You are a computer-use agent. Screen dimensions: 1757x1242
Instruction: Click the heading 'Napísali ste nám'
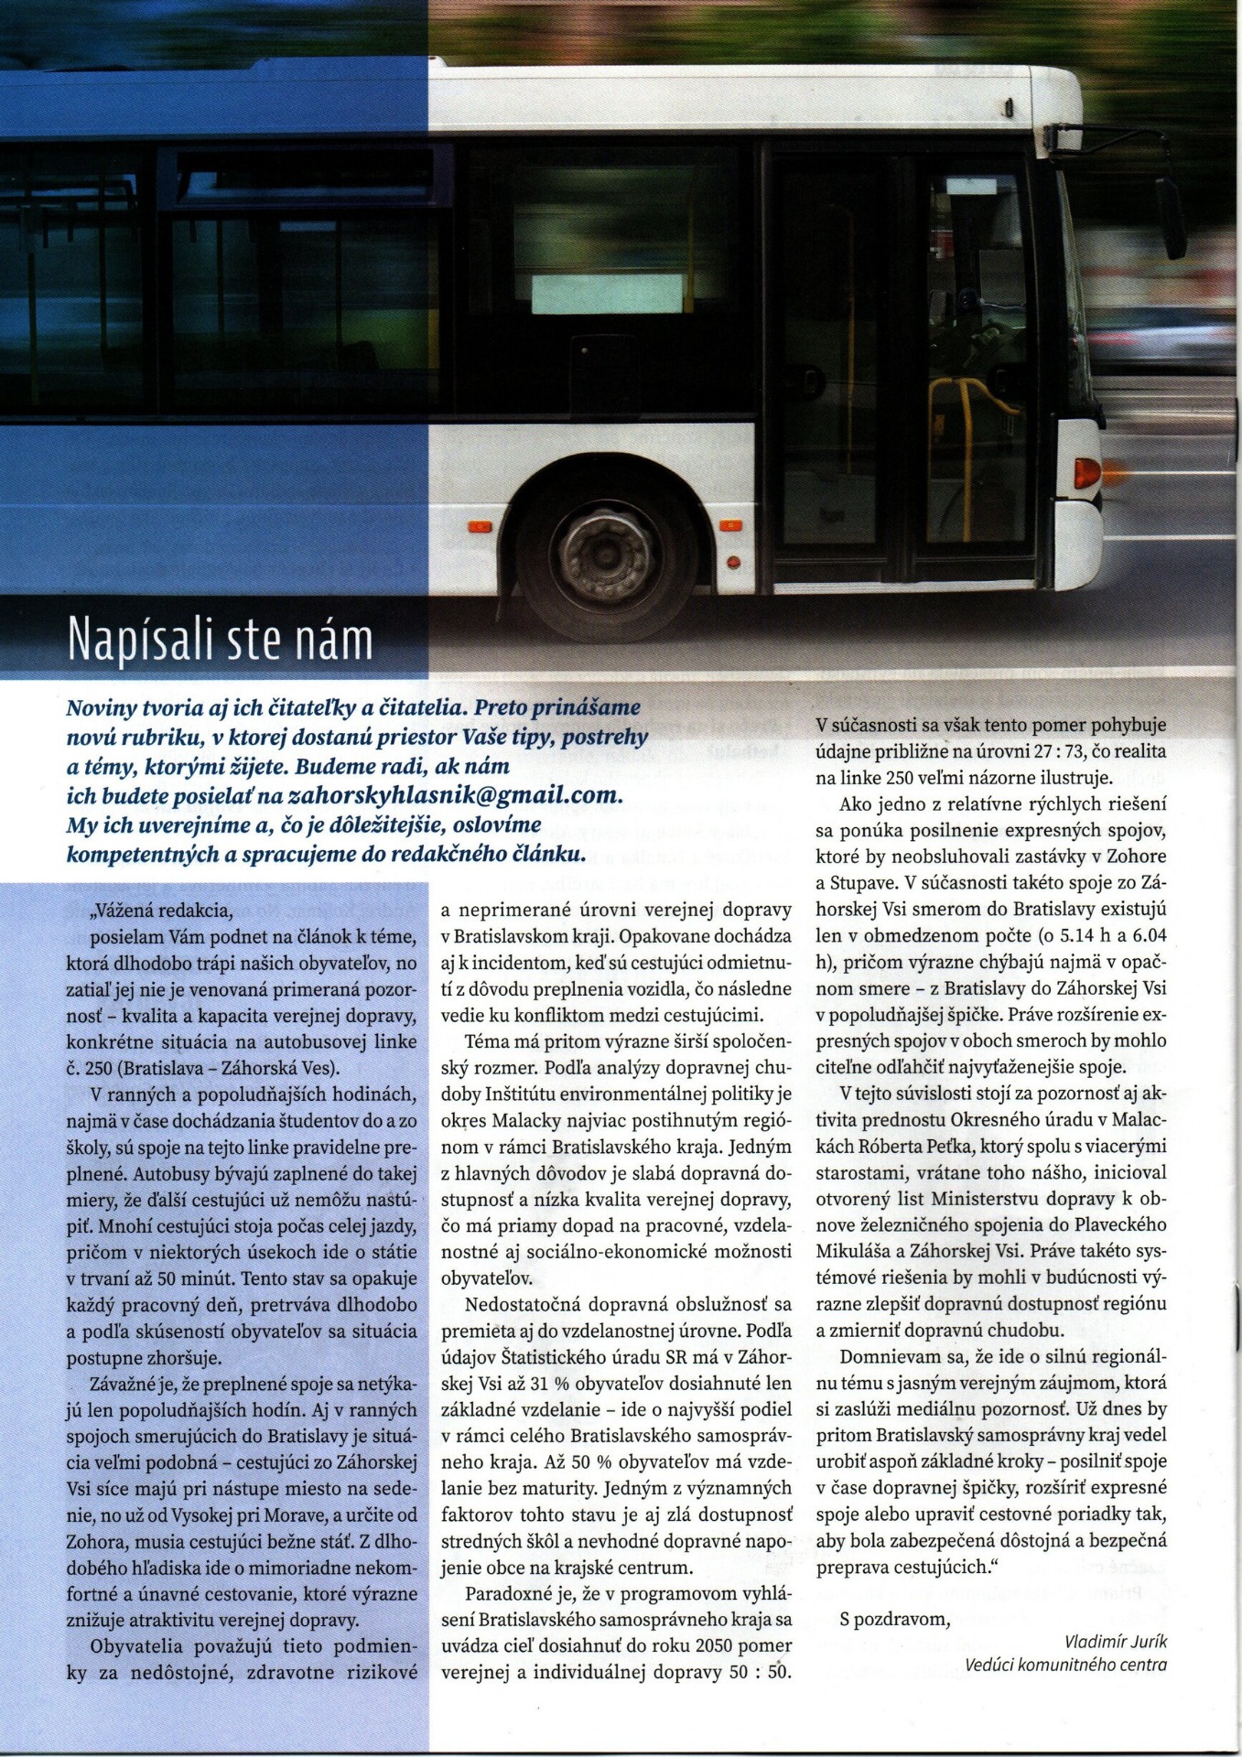coord(221,641)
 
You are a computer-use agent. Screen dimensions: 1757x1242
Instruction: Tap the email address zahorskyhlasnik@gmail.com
coord(455,795)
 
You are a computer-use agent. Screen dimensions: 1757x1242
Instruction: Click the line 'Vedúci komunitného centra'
coord(1065,1665)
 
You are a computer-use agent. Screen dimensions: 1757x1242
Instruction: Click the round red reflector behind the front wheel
coord(732,561)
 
